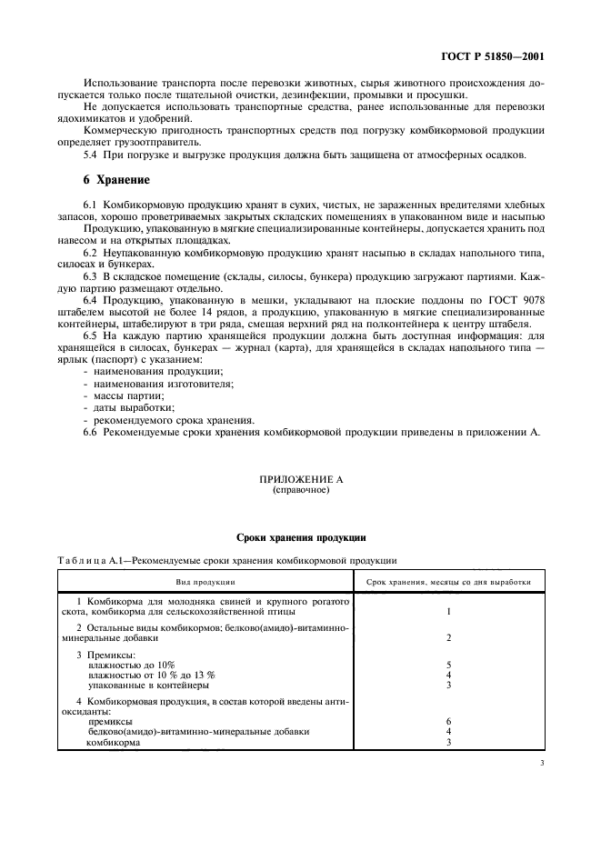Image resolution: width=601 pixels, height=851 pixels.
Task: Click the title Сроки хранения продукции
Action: pos(300,538)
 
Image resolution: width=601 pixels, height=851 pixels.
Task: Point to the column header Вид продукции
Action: pos(205,580)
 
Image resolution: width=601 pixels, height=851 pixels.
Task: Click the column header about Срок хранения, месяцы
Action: pos(448,580)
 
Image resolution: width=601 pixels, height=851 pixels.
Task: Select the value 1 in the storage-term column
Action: pos(448,611)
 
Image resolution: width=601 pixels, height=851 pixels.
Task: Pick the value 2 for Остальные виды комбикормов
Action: pos(448,638)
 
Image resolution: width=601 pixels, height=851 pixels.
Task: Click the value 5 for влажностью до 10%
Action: pos(448,666)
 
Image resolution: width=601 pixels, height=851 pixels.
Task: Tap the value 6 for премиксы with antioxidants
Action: pos(448,721)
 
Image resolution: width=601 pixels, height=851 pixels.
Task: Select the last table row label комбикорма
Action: pos(114,741)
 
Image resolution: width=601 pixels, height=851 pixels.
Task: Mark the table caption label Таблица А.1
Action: pos(95,560)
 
